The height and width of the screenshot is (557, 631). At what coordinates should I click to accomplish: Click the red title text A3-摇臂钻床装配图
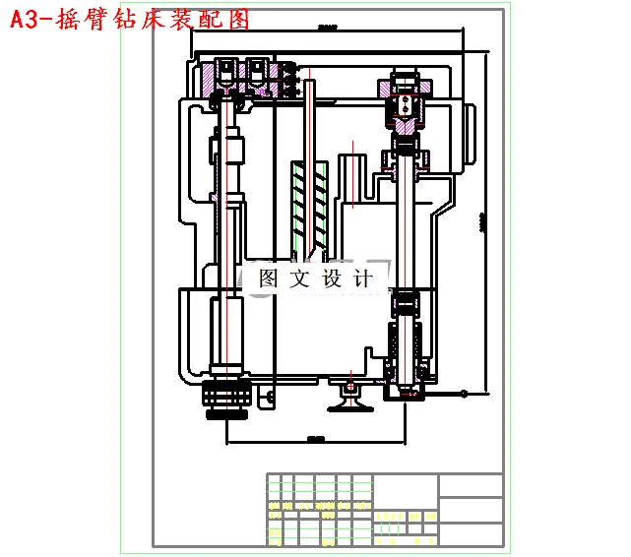click(129, 19)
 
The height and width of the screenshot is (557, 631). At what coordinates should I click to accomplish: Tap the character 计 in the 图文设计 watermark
click(363, 278)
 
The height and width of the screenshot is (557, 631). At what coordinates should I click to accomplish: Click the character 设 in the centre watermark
click(332, 278)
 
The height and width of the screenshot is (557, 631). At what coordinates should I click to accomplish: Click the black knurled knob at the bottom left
click(226, 399)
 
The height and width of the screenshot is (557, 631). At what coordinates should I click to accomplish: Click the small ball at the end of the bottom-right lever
click(462, 393)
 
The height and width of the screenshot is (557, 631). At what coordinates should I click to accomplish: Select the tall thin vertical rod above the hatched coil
click(309, 118)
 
